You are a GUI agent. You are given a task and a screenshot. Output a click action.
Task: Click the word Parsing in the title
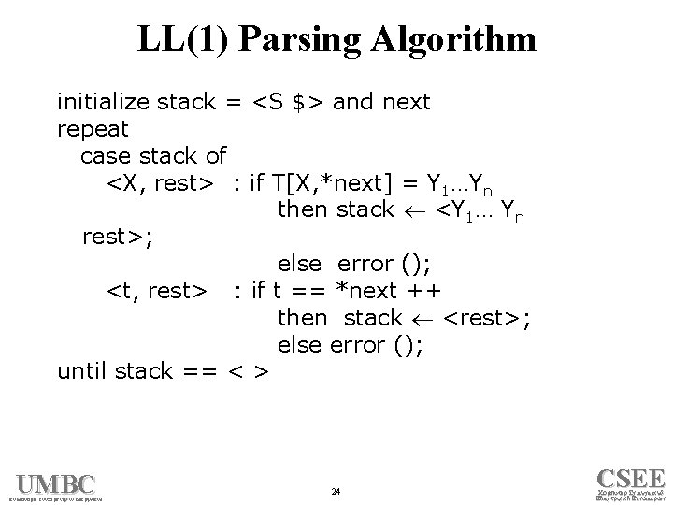coord(296,39)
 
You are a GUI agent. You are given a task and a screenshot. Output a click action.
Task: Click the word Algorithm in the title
coord(455,39)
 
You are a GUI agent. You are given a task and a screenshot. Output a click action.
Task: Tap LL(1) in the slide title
coord(183,39)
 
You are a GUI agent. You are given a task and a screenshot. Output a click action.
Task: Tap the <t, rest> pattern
coord(155,292)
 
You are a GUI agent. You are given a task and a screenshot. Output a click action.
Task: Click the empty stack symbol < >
coord(249,372)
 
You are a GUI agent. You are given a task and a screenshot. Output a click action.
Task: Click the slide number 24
coord(336,491)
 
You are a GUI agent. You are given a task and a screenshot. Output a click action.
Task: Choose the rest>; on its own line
coord(116,238)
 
